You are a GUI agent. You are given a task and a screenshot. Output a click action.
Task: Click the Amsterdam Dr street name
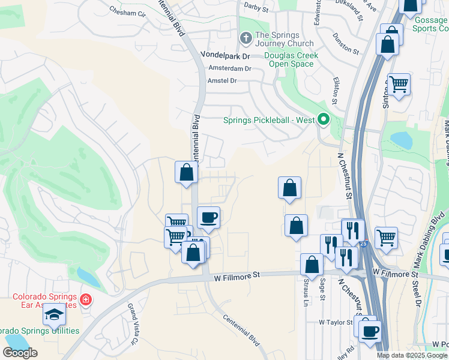tap(229, 68)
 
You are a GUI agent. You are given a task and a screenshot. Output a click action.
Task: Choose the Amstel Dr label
tap(222, 80)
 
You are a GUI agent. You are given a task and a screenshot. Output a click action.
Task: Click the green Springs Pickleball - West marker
tap(324, 120)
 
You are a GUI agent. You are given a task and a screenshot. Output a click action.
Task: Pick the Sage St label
tap(322, 290)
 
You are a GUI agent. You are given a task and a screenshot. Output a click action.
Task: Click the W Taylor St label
tap(336, 322)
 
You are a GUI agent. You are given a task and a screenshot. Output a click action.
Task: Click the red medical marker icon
tap(86, 299)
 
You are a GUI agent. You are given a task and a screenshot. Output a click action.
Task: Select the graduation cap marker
tap(54, 314)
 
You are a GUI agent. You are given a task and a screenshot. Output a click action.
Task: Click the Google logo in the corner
tap(20, 353)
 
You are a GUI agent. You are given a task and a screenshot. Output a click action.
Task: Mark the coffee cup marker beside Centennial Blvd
tap(208, 218)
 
